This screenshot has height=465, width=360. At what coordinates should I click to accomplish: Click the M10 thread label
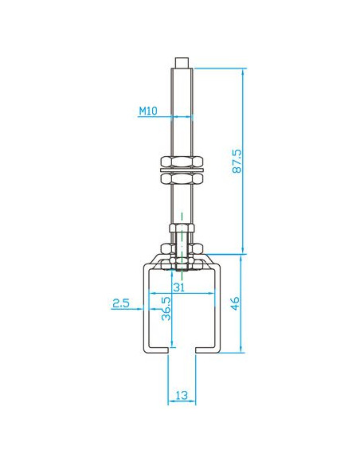[148, 111]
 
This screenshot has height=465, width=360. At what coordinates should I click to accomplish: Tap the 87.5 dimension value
[237, 162]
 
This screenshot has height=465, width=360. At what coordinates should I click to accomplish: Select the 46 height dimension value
[235, 303]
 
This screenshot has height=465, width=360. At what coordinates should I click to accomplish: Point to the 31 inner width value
[179, 287]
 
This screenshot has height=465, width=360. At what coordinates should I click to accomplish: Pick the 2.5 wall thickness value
[121, 303]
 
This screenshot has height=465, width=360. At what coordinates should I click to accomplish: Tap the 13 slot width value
[182, 395]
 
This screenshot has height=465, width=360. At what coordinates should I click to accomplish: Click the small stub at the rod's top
[182, 63]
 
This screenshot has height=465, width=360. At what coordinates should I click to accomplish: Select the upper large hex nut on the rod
[182, 162]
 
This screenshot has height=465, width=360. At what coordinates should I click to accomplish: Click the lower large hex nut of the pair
[182, 178]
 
